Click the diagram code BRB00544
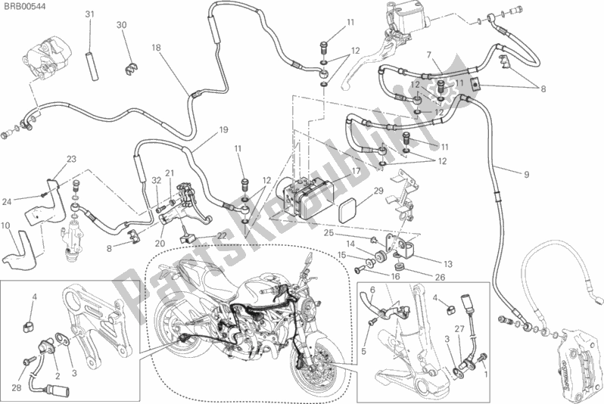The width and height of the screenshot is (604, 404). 23,6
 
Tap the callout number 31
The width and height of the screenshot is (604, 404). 89,14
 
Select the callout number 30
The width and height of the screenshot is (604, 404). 121,25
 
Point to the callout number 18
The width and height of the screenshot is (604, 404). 156,48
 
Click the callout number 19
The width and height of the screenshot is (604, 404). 224,130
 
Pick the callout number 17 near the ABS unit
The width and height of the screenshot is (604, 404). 356,171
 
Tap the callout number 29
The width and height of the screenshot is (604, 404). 378,190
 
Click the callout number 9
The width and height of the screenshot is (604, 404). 526,175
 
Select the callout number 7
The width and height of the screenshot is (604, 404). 429,55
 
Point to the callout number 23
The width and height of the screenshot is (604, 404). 72,159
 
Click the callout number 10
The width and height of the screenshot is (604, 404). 5,225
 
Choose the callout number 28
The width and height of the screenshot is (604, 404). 16,388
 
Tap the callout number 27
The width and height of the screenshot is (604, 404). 459,329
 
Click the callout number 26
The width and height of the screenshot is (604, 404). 440,278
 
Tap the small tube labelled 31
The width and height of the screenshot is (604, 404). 92,67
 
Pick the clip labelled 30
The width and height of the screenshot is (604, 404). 132,68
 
